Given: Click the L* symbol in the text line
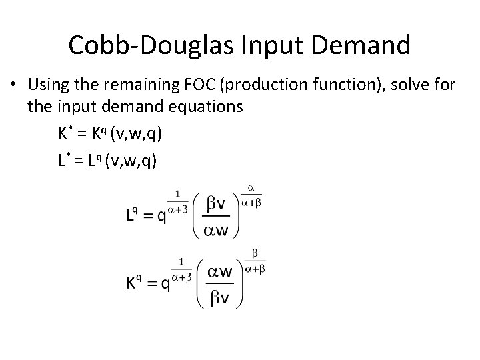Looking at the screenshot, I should [x=63, y=161].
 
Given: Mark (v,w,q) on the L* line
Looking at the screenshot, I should [x=133, y=161].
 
